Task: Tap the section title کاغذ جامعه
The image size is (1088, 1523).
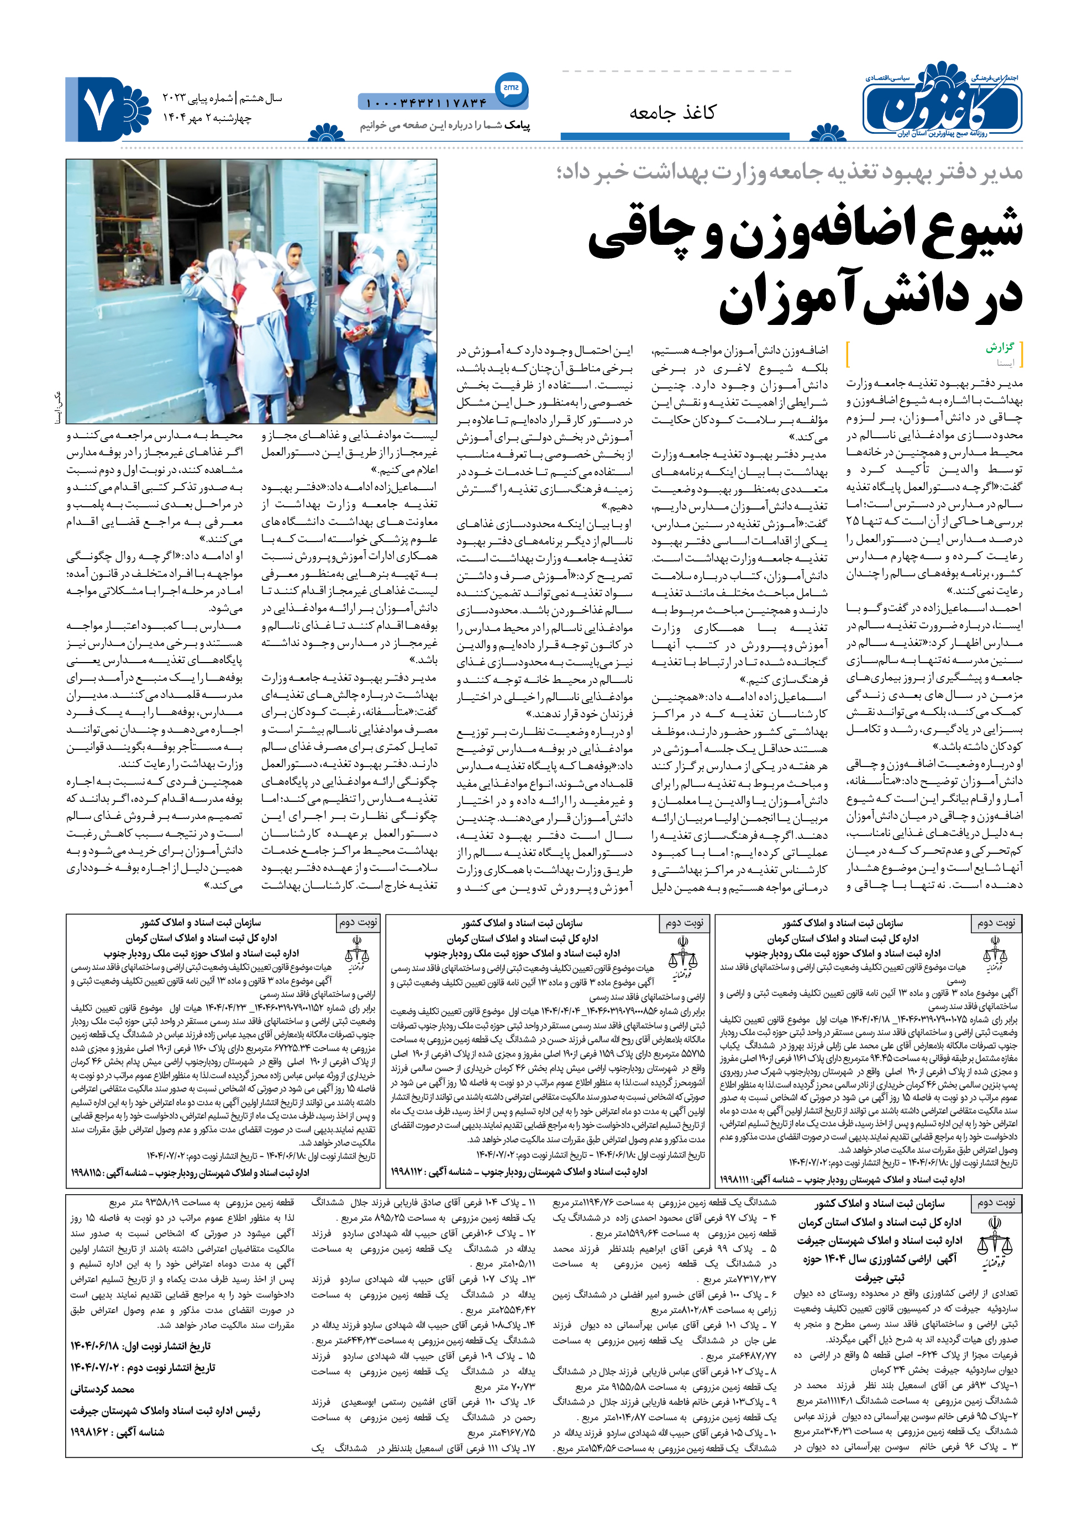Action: [672, 113]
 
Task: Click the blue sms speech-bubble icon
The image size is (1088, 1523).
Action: [511, 88]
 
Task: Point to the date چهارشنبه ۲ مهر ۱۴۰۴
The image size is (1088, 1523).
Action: [207, 118]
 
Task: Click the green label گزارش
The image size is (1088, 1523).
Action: [1000, 347]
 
